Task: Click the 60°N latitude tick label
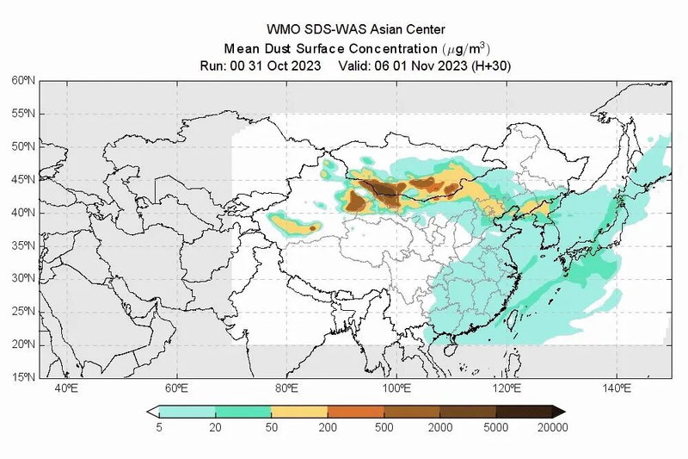click(23, 80)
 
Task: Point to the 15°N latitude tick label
click(23, 377)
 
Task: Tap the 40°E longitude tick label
click(66, 389)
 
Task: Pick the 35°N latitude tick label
click(23, 245)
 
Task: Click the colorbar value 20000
click(550, 427)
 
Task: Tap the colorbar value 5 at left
click(160, 427)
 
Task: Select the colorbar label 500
click(384, 427)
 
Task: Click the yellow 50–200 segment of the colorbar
click(299, 412)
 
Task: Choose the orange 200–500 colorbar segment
click(355, 412)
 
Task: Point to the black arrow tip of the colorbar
click(559, 412)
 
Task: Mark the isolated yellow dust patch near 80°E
click(297, 226)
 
